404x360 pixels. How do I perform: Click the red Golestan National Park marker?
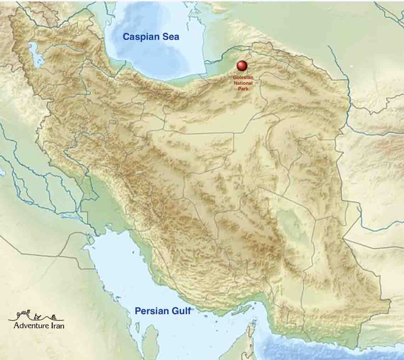(x=241, y=65)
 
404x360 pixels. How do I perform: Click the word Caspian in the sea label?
(x=142, y=37)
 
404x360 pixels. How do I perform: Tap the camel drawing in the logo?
(x=38, y=317)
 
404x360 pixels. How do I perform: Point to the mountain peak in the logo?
(x=24, y=314)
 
